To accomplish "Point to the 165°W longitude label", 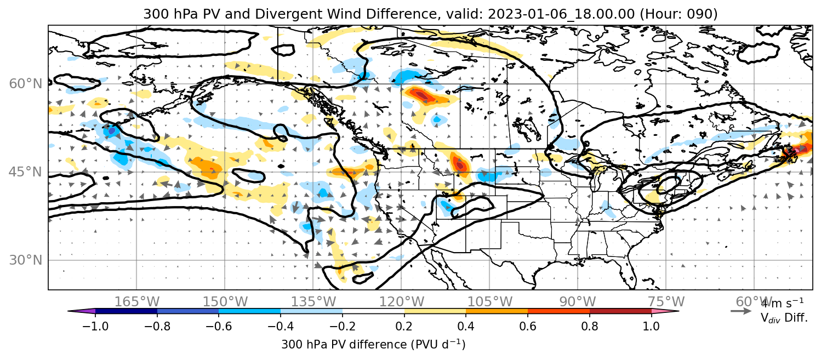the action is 137,302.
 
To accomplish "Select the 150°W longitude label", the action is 225,302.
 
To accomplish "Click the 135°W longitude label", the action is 313,302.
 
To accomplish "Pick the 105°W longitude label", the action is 489,302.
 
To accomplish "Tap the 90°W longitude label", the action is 578,302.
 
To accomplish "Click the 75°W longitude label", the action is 666,302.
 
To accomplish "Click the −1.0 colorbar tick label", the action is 95,326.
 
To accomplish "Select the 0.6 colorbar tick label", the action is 528,326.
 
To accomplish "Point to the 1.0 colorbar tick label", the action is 651,326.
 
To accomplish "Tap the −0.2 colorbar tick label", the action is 343,326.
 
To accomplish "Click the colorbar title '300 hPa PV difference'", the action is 344,345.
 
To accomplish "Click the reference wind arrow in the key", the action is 741,311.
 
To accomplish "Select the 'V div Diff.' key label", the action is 784,318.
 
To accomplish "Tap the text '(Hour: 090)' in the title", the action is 679,14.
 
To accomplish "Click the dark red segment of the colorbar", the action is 620,311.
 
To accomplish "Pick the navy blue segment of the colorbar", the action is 127,311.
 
